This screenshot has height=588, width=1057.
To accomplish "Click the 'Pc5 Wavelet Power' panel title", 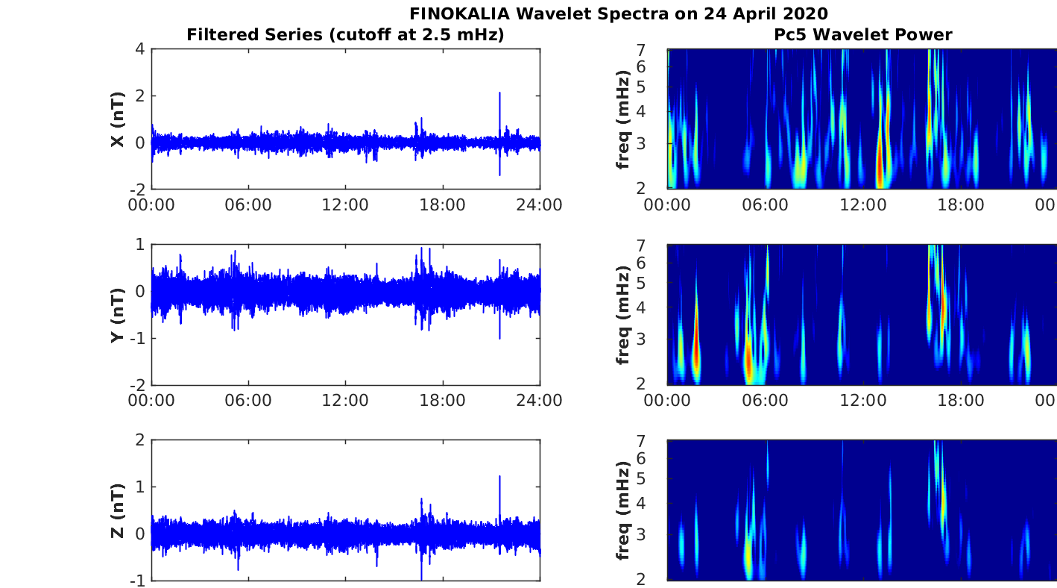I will coord(862,34).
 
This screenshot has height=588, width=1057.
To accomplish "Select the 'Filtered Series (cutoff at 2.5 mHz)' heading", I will coord(345,34).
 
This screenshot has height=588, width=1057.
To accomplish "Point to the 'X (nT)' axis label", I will coord(118,119).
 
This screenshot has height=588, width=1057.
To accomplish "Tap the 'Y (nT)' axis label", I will coord(118,315).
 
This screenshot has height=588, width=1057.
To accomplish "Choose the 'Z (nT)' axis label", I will coord(118,510).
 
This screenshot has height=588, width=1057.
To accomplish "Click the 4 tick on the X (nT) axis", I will coord(139,49).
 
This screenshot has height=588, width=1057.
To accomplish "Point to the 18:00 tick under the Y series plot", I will coord(443,401).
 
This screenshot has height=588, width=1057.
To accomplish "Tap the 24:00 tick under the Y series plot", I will coord(540,401).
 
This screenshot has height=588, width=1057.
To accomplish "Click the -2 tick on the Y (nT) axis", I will coord(136,385).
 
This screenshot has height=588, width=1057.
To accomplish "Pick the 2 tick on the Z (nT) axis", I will coord(139,440).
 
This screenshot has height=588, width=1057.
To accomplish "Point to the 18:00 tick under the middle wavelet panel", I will coord(960,401).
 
